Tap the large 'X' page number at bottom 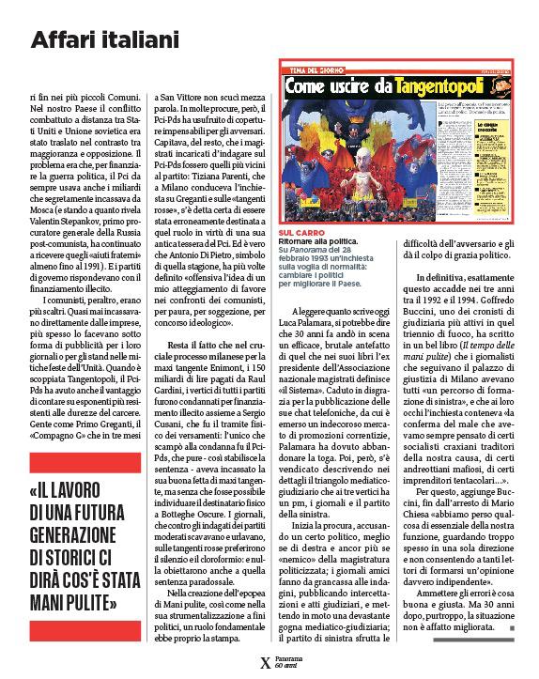(x=265, y=661)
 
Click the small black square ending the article (x=513, y=626)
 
